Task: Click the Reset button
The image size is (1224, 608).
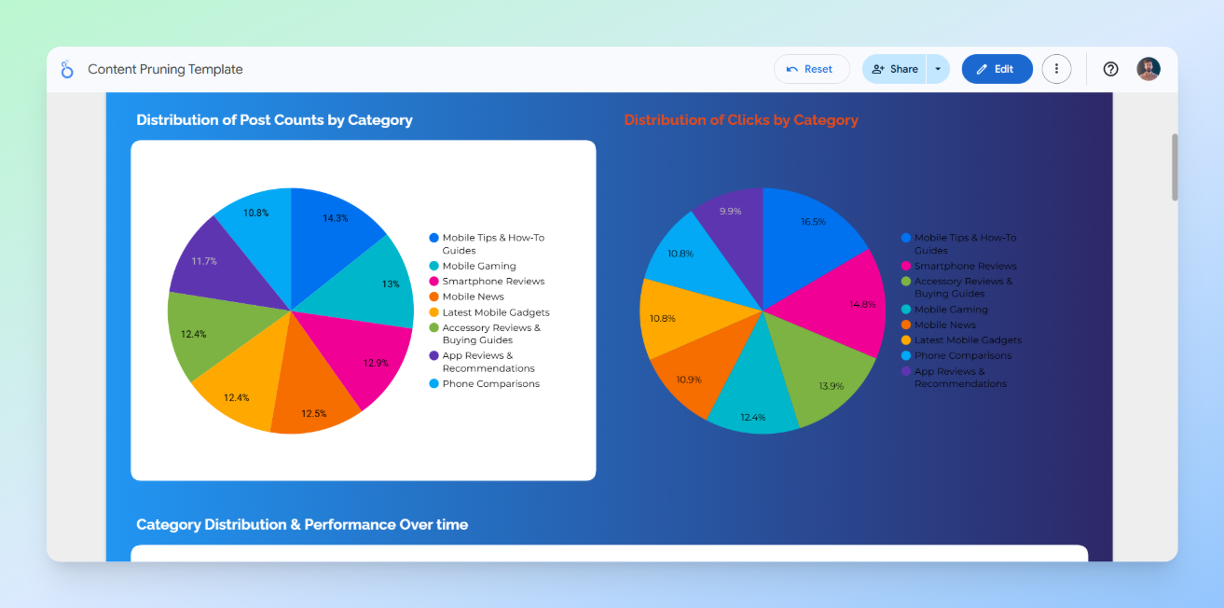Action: tap(811, 69)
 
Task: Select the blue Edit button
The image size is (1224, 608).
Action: tap(997, 69)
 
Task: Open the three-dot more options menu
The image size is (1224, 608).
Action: tap(1056, 69)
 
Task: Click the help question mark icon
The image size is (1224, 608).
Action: tap(1110, 69)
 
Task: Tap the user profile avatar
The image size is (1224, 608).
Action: tap(1148, 69)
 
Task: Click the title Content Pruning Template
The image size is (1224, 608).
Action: tap(165, 69)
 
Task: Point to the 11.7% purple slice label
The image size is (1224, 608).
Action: tap(204, 261)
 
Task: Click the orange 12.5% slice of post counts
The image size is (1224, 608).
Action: tap(314, 401)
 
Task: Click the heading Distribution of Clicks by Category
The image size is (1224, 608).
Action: tap(741, 120)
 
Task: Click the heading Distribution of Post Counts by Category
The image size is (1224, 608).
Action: tap(274, 120)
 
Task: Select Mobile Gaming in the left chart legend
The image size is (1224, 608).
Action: tap(478, 266)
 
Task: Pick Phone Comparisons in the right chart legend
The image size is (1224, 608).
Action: tap(962, 355)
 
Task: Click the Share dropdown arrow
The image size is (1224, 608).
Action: tap(938, 69)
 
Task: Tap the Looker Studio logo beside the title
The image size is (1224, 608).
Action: tap(67, 69)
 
